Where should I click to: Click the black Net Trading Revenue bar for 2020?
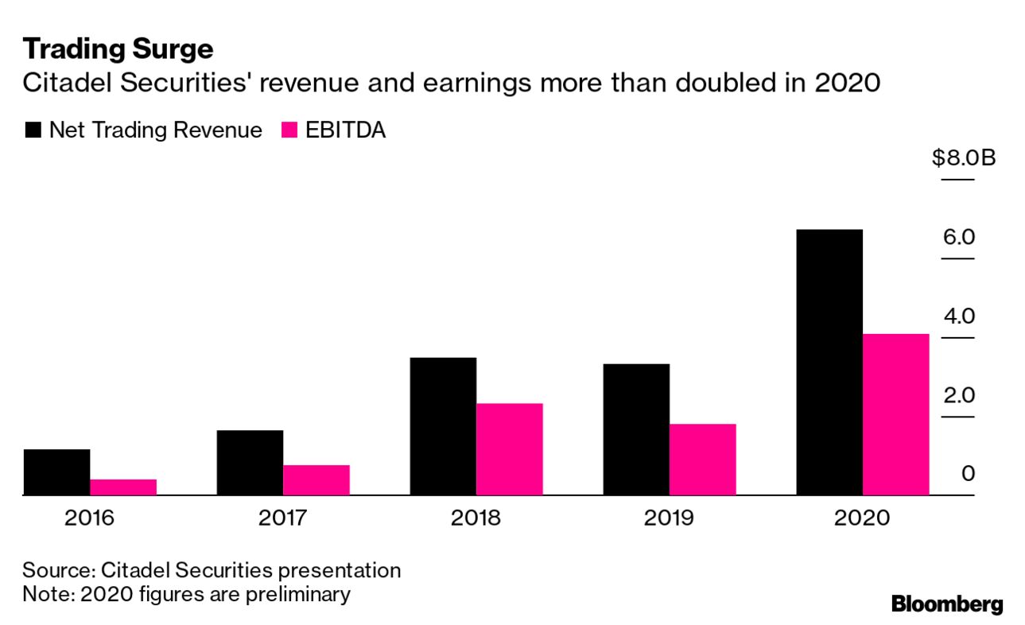[829, 362]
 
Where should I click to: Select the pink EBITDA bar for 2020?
[895, 414]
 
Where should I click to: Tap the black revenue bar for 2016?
[56, 472]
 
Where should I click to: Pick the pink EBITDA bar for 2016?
[123, 487]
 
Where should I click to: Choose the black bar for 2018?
[443, 426]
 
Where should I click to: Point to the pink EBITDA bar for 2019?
[702, 460]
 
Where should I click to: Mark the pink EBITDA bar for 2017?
[316, 480]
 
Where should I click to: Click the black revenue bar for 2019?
[636, 429]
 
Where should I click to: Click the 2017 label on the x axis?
[283, 518]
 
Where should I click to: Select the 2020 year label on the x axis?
[862, 518]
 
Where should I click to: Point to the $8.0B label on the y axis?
[964, 158]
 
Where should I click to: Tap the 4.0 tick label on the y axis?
[958, 316]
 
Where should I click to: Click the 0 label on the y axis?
[968, 474]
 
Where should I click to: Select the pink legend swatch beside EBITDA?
[289, 130]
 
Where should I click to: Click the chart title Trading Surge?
[118, 49]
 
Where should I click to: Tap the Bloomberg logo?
[947, 604]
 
